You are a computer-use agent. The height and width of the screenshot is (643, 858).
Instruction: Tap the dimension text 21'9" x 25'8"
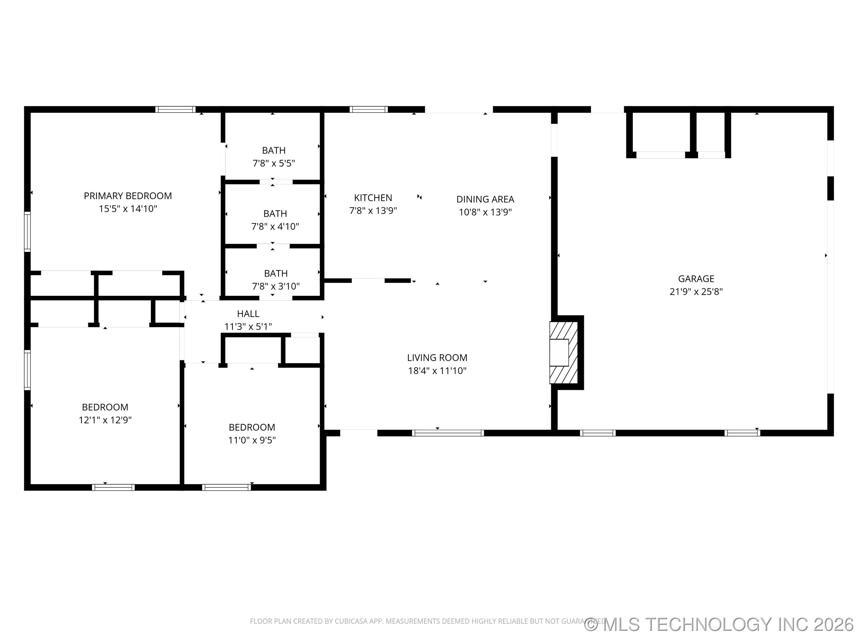pyautogui.click(x=696, y=291)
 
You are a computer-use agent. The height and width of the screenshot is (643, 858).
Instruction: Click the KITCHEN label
pyautogui.click(x=373, y=198)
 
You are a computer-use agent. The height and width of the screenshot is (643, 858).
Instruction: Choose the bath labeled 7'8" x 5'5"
pyautogui.click(x=273, y=157)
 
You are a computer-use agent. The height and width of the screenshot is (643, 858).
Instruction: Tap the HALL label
pyautogui.click(x=248, y=313)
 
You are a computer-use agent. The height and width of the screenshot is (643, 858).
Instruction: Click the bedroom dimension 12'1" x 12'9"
pyautogui.click(x=105, y=420)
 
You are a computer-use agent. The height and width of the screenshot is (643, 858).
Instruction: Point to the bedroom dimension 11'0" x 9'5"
pyautogui.click(x=252, y=440)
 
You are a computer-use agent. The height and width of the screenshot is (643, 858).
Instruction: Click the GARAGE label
pyautogui.click(x=696, y=278)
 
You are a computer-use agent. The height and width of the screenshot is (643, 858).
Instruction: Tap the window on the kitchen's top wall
pyautogui.click(x=368, y=109)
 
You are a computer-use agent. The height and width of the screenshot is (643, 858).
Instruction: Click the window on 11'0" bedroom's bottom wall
pyautogui.click(x=226, y=487)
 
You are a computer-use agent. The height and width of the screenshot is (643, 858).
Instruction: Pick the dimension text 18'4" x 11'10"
pyautogui.click(x=437, y=371)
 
